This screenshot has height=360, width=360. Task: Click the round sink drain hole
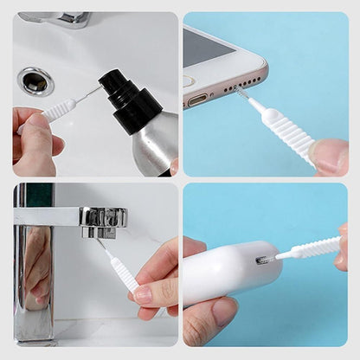tap(36, 81)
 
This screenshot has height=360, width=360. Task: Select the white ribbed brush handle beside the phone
tap(286, 131)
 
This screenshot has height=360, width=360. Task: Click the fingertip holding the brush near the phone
tap(330, 156)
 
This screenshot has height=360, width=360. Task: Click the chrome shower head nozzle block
tap(103, 220)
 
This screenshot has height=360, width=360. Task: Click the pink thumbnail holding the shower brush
tap(143, 294)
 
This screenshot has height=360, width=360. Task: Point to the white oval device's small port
tap(262, 259)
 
